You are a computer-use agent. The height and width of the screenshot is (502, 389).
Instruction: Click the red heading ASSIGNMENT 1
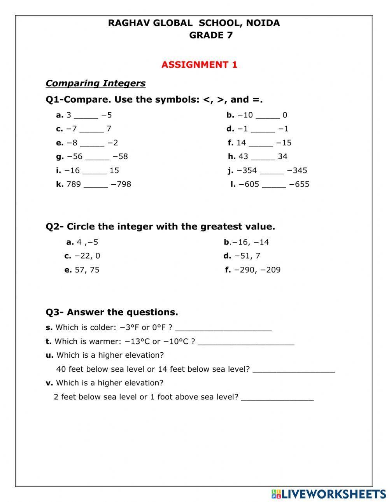[199, 65]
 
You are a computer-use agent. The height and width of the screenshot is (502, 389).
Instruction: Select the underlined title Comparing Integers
[95, 83]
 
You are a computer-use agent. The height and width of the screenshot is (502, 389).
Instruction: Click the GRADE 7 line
[211, 35]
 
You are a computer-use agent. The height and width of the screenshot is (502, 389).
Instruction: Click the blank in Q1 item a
[86, 116]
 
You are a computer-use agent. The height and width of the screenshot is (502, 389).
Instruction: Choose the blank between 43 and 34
[263, 157]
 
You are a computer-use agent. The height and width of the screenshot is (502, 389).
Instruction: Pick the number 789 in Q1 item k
[74, 184]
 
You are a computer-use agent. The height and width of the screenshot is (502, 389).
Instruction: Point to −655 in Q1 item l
[299, 184]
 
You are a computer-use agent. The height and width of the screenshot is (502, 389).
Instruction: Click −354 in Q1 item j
[247, 170]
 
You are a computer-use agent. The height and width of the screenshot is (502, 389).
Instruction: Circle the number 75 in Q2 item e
[95, 270]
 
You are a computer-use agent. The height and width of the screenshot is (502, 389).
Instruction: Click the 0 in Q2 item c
[98, 256]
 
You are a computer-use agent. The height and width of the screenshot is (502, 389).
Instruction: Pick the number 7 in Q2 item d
[258, 256]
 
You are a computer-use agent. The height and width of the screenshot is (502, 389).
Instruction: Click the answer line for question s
[223, 329]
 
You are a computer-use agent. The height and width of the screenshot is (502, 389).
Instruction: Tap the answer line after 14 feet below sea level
[294, 370]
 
